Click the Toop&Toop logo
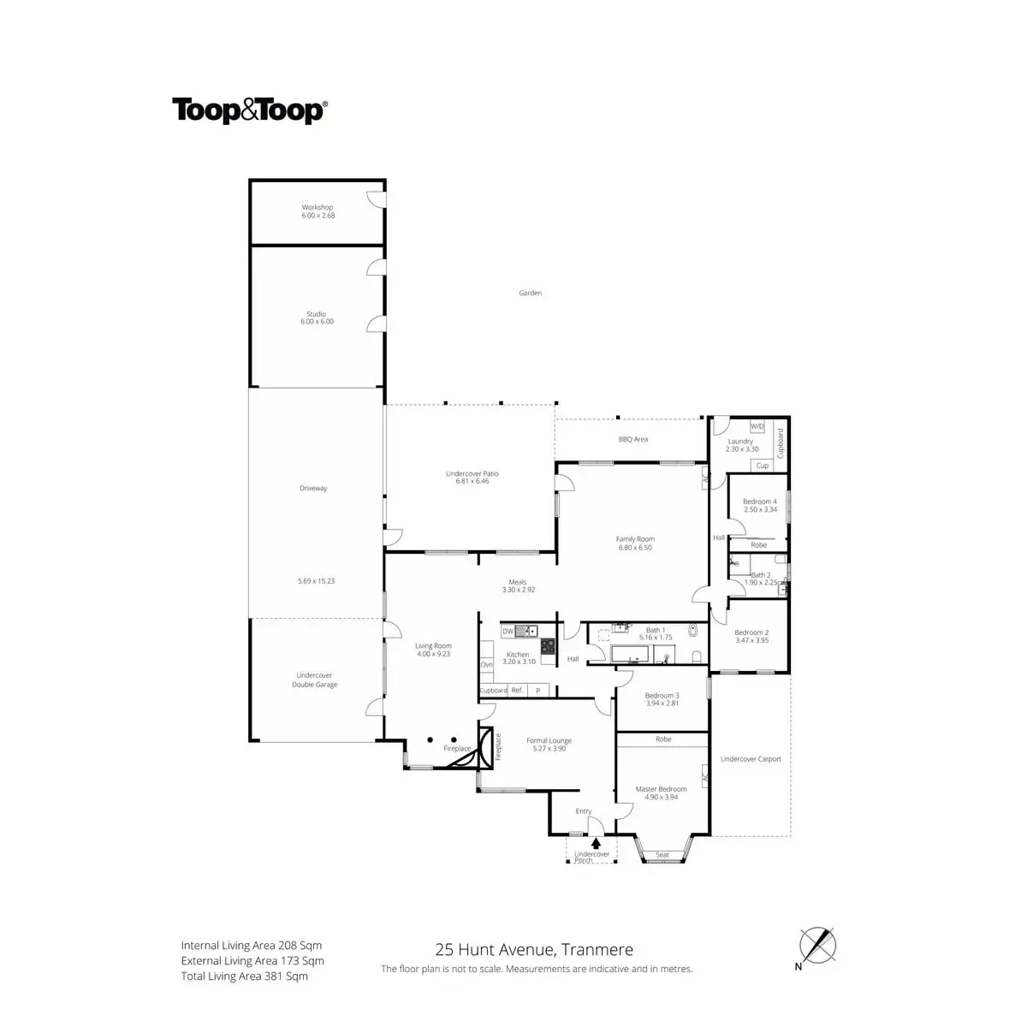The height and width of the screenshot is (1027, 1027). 249,110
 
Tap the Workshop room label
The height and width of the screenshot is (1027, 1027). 317,211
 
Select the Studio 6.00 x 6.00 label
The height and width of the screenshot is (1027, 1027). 317,318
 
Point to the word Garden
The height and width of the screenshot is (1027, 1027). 530,293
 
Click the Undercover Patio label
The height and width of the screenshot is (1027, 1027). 472,477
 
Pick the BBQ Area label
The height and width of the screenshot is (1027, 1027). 632,439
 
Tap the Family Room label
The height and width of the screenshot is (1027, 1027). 635,543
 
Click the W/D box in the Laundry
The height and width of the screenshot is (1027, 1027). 757,425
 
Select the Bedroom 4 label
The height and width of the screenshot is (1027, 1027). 759,505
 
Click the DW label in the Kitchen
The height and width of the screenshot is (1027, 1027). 508,631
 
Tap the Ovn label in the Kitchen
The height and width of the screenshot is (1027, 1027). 486,664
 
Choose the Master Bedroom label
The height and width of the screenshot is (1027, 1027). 661,793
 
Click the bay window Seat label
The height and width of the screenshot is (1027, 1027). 662,854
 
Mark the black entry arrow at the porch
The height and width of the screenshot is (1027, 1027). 596,843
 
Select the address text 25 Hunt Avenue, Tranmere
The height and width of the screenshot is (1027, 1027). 534,948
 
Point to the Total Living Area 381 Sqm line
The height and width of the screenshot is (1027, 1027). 244,976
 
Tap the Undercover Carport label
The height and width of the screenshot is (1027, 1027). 751,758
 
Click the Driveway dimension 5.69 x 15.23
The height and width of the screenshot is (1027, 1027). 316,581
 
